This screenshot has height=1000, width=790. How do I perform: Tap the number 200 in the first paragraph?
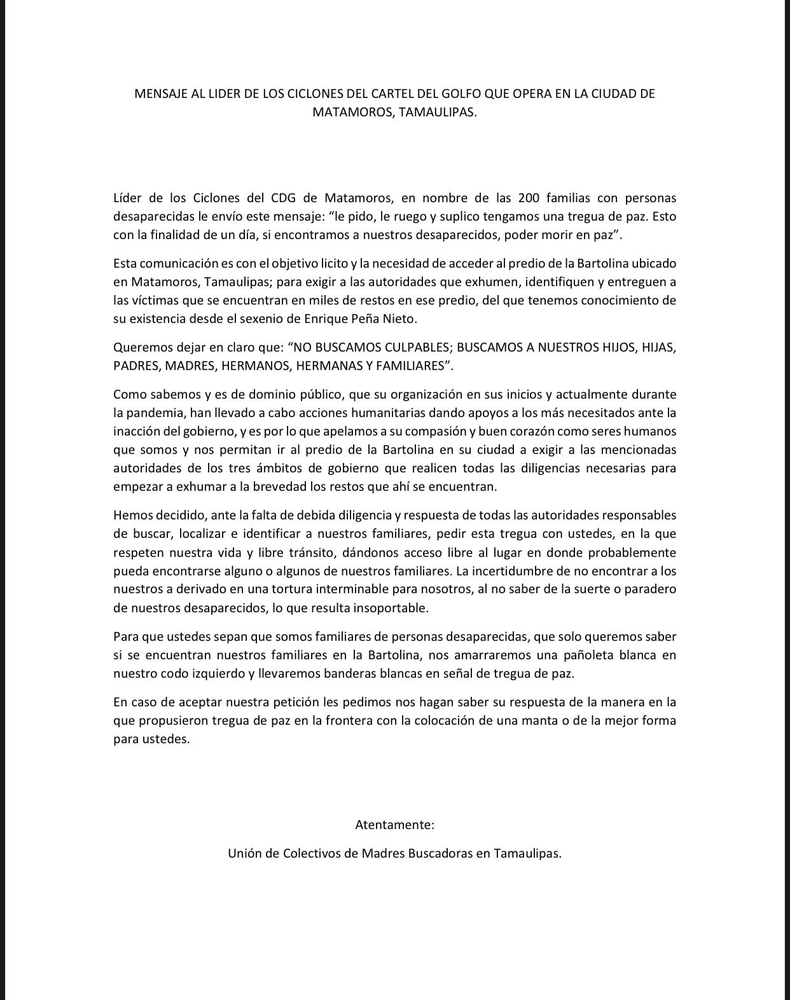click(x=529, y=198)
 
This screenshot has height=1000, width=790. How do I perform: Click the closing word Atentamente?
click(x=394, y=825)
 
